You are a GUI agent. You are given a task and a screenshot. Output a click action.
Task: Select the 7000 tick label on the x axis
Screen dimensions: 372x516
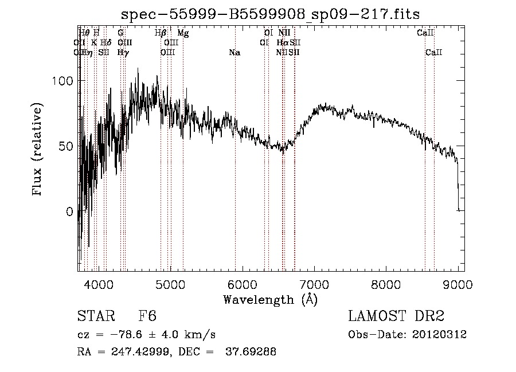(314, 283)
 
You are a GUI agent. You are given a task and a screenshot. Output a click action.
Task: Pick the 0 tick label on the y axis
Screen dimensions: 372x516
(70, 212)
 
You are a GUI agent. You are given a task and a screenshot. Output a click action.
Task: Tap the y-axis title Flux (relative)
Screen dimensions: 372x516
(38, 150)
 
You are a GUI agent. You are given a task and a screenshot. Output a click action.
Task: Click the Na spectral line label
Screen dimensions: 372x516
(234, 53)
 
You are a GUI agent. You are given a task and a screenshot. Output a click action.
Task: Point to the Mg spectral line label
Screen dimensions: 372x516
(183, 33)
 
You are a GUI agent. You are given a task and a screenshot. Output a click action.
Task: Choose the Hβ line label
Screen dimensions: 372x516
(161, 33)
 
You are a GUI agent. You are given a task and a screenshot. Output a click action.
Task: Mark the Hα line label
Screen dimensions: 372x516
(282, 42)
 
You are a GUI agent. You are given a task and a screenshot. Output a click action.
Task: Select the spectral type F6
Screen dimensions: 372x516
(147, 316)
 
